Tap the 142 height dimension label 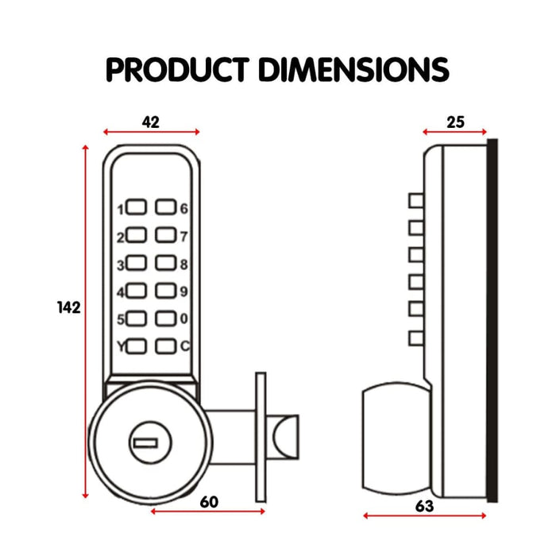(x=68, y=307)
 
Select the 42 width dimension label (x=150, y=122)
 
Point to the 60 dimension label (x=209, y=501)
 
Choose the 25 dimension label (x=454, y=122)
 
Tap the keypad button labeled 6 (x=165, y=208)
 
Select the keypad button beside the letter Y (x=137, y=346)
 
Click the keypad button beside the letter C (x=165, y=346)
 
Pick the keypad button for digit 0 (x=165, y=319)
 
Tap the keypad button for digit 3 (x=137, y=264)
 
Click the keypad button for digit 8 (x=165, y=264)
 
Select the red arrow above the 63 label (x=425, y=515)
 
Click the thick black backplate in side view (x=492, y=318)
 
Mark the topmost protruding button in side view (x=415, y=199)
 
